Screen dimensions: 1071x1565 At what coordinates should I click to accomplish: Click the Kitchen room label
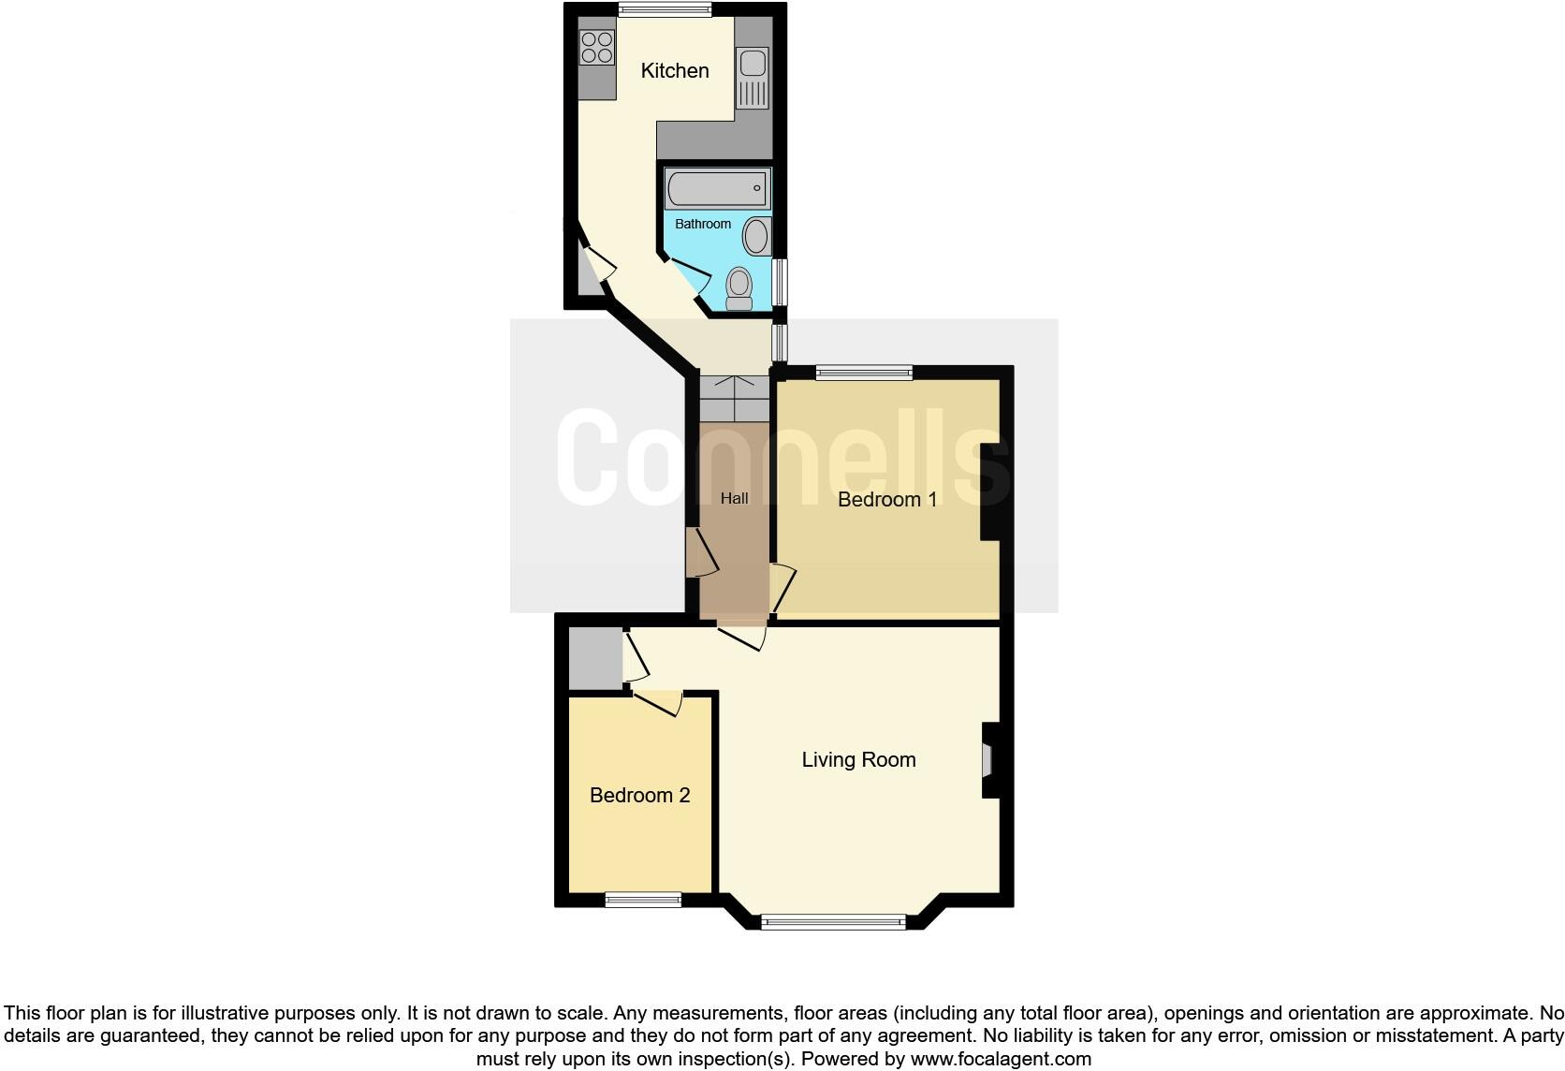click(x=674, y=71)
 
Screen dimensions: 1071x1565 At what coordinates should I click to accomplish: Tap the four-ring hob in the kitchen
click(x=596, y=48)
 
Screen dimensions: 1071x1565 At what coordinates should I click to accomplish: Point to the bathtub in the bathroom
click(x=718, y=189)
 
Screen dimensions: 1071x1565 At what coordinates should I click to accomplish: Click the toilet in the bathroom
click(x=739, y=288)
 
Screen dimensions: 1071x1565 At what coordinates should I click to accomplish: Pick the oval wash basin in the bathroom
click(x=756, y=235)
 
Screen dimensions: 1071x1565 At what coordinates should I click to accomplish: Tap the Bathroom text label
click(x=703, y=225)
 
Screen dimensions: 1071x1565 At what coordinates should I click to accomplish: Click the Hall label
click(x=735, y=499)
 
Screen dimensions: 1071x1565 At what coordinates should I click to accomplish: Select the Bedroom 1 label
click(x=887, y=500)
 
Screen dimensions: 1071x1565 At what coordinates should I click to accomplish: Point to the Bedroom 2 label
click(x=640, y=796)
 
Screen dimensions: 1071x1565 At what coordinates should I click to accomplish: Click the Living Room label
click(x=858, y=760)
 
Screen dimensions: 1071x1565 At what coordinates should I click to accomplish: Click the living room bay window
click(x=833, y=922)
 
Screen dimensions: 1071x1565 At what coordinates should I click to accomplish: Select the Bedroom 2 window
click(x=643, y=900)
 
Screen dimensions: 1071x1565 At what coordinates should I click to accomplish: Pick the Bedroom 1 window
click(x=864, y=373)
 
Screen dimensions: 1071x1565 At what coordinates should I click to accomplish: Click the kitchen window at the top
click(x=665, y=10)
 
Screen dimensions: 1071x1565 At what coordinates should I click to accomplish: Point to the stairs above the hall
click(x=735, y=399)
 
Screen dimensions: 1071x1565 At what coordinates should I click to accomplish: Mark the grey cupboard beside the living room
click(x=595, y=659)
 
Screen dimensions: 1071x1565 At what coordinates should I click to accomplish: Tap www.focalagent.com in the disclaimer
click(x=1001, y=1060)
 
